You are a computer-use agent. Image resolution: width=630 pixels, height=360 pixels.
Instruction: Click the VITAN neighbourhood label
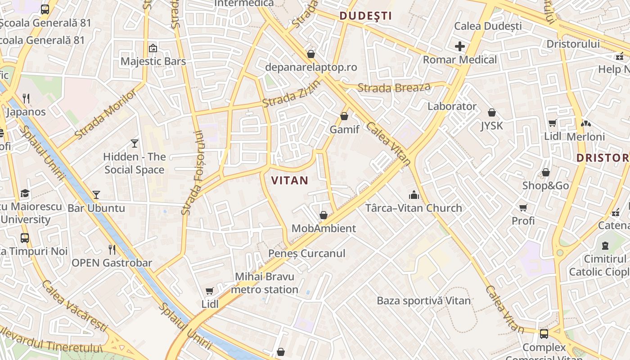[290, 181]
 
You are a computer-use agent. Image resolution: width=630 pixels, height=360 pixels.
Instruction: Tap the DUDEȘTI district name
[365, 16]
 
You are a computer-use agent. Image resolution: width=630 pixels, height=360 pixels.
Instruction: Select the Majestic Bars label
[153, 61]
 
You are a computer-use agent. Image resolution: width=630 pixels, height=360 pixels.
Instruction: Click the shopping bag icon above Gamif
[344, 116]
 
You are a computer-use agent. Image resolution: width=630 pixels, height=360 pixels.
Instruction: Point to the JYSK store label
[492, 126]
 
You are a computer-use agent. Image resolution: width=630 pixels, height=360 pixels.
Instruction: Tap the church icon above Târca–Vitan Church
[414, 195]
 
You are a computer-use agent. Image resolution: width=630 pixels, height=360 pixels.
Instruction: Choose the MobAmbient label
[324, 229]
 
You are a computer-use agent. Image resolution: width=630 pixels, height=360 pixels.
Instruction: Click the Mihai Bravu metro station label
[265, 283]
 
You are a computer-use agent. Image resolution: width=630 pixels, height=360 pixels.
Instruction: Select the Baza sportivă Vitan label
[423, 301]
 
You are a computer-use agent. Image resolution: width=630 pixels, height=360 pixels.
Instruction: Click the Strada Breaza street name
[394, 88]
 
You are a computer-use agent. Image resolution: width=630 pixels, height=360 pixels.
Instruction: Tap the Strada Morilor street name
[106, 114]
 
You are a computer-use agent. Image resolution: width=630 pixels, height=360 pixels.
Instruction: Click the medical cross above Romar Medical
[459, 46]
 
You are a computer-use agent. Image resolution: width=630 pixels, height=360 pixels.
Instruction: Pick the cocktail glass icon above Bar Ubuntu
[96, 195]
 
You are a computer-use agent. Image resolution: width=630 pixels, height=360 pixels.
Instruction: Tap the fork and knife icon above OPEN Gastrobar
[112, 249]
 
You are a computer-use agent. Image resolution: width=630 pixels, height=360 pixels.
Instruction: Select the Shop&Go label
[545, 186]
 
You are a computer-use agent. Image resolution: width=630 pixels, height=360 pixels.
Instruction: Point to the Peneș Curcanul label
[306, 254]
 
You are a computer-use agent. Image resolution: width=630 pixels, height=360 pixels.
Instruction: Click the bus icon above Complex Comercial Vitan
[544, 334]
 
